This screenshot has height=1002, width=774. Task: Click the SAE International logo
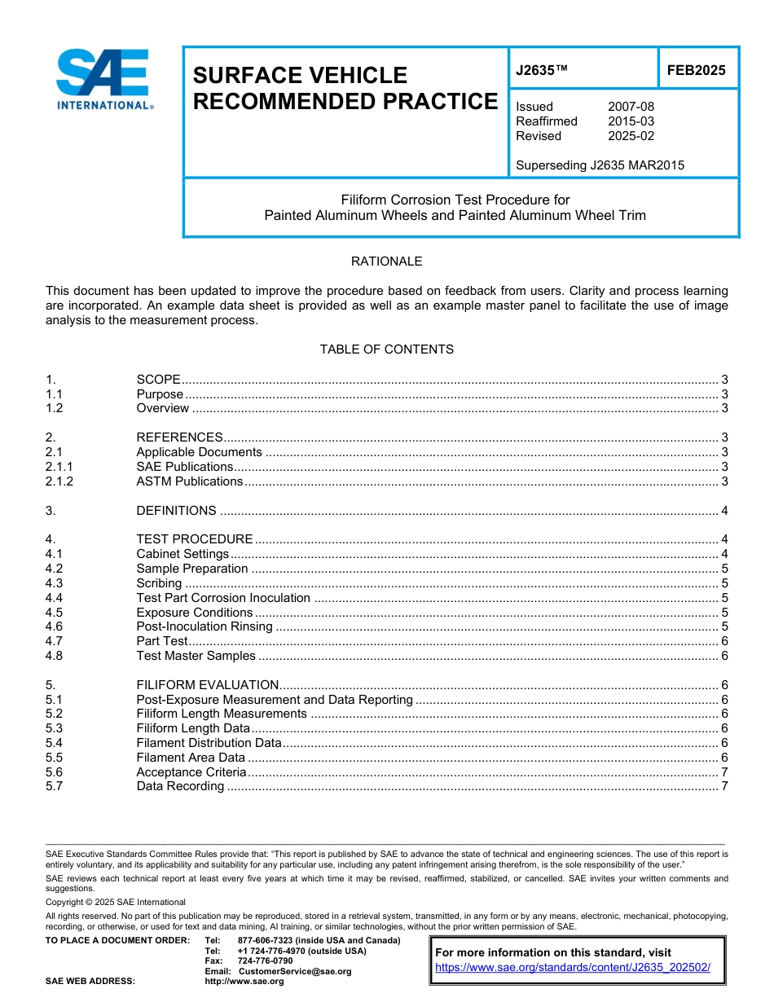[x=103, y=79]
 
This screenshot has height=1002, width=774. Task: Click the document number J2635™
[x=542, y=70]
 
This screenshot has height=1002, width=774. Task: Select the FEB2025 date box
[x=696, y=70]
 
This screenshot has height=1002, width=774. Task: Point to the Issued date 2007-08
[x=631, y=107]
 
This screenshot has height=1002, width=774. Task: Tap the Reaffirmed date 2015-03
[x=631, y=121]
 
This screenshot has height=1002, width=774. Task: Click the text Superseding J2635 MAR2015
[x=600, y=165]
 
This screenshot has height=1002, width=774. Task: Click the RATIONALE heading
[x=386, y=261]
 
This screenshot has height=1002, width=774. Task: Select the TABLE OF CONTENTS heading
[x=386, y=349]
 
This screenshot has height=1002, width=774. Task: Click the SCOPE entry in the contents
[x=158, y=380]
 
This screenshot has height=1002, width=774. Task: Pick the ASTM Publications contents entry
[x=189, y=481]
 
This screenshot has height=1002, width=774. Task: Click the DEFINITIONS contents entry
[x=176, y=511]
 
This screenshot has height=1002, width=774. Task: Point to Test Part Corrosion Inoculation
[x=223, y=598]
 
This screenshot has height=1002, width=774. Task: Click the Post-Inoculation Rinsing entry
[x=204, y=626]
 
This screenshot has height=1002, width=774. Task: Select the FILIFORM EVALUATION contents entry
[x=207, y=685]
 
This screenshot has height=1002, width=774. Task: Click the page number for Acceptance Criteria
[x=724, y=772]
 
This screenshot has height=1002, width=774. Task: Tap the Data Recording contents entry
[x=180, y=787]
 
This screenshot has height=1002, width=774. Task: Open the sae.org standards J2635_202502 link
[x=573, y=967]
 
